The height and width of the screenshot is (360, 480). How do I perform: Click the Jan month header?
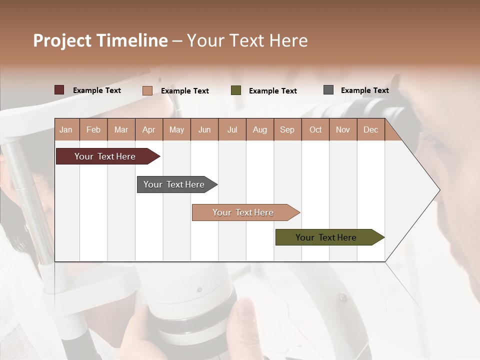click(66, 130)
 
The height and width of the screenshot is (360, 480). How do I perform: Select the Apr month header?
click(149, 130)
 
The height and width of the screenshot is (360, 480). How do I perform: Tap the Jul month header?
click(232, 130)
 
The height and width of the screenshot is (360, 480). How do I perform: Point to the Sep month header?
click(287, 130)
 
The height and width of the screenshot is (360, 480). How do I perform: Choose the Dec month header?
click(370, 130)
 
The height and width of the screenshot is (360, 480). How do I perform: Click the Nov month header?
click(343, 130)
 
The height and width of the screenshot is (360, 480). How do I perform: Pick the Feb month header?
click(93, 130)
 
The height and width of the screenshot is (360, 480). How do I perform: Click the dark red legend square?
click(59, 90)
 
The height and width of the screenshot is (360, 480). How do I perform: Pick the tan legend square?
click(147, 90)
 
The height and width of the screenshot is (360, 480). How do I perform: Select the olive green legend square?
click(236, 90)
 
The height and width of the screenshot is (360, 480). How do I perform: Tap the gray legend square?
click(328, 90)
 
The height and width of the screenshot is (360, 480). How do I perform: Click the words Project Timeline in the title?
click(100, 40)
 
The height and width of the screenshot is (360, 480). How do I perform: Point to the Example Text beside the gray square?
click(364, 90)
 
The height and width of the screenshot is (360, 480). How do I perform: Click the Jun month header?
click(204, 130)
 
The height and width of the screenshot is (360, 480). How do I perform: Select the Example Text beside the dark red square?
click(97, 90)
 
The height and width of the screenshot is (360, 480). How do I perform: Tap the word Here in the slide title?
click(288, 40)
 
